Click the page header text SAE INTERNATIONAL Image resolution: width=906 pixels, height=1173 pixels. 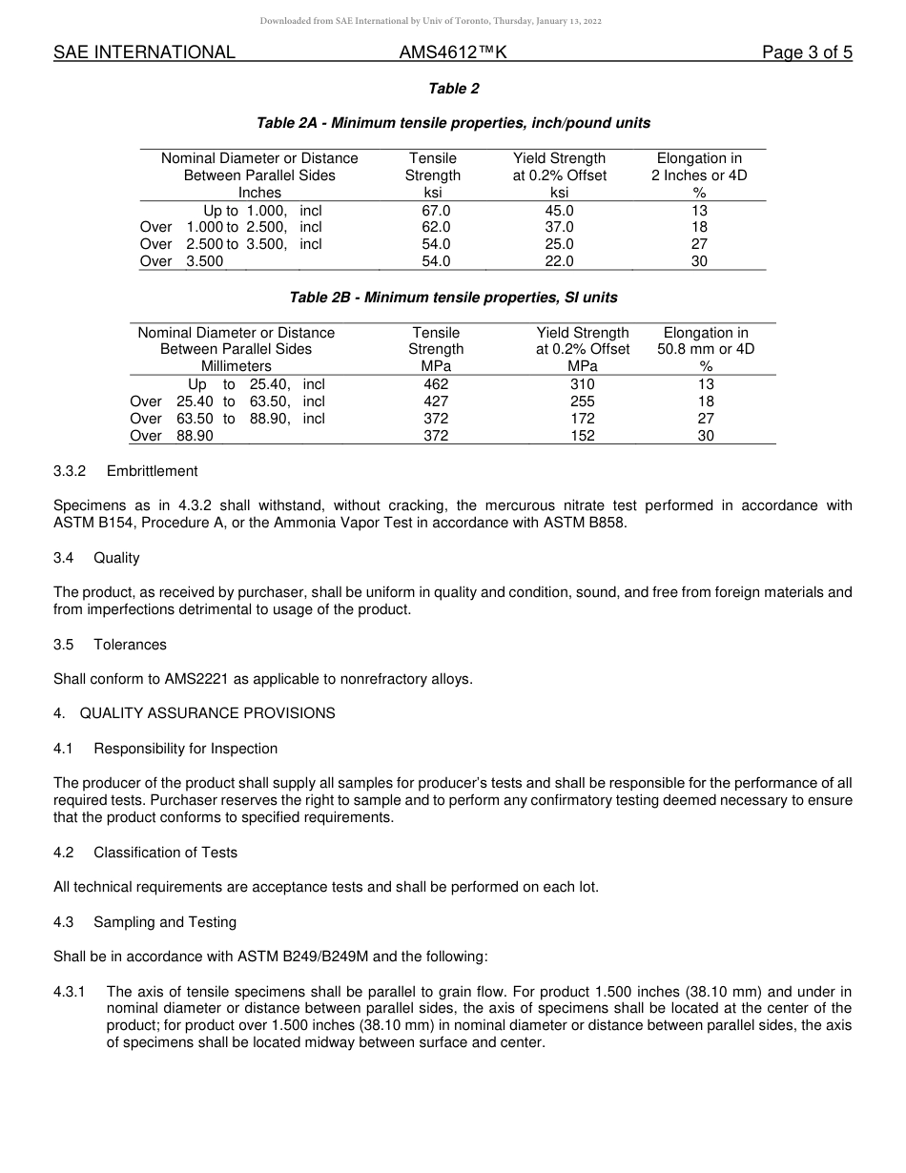144,53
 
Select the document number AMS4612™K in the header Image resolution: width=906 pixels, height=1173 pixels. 453,53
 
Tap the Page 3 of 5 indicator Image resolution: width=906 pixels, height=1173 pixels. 807,53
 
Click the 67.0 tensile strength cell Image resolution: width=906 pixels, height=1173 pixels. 436,210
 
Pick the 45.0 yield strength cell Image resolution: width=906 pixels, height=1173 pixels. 559,210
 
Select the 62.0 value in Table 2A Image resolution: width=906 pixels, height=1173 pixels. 436,227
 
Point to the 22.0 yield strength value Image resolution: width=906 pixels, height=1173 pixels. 559,261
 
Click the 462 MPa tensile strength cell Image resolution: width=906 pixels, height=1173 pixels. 436,384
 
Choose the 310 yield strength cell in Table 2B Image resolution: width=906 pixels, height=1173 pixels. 582,384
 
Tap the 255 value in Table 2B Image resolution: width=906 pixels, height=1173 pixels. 582,401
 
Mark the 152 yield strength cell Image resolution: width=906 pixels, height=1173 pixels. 582,436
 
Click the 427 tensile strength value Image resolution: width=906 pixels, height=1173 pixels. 436,401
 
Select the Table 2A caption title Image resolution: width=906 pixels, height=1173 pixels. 453,123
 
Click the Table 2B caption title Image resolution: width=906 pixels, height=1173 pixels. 453,298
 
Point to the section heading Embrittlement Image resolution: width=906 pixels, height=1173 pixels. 153,471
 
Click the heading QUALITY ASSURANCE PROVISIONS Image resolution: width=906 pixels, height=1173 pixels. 207,713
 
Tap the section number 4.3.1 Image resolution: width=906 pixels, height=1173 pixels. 70,992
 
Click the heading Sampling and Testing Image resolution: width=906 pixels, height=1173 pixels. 165,922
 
